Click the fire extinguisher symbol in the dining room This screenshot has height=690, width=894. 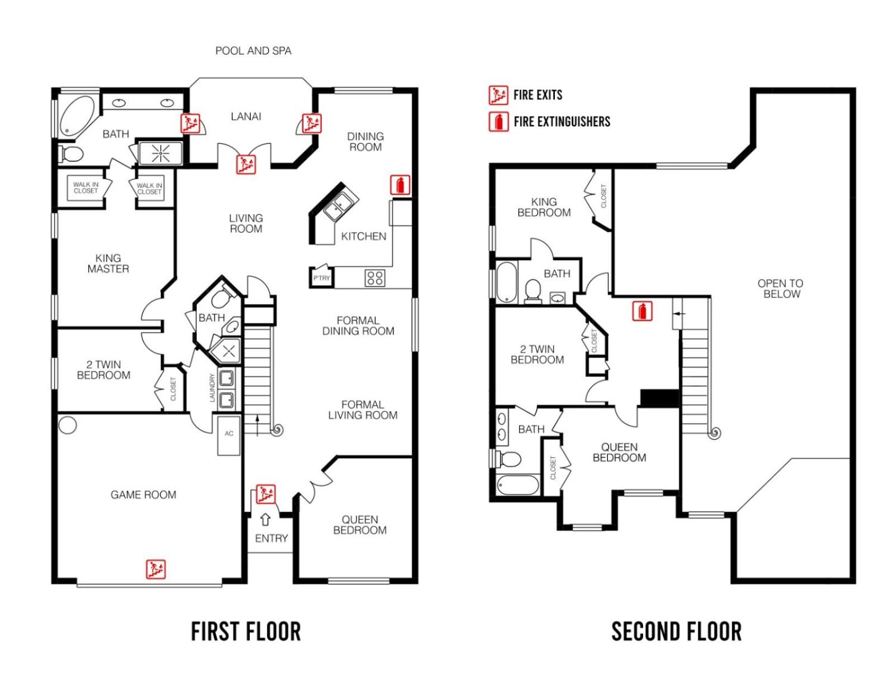[400, 185]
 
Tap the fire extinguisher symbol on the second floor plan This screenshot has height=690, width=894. [642, 311]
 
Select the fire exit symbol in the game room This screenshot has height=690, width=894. [156, 569]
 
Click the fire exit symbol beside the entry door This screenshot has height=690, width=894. [266, 494]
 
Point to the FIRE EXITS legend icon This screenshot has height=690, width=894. [498, 95]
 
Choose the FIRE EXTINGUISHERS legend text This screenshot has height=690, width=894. [562, 122]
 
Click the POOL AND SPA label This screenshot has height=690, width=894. [254, 51]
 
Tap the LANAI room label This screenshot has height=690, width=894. [246, 117]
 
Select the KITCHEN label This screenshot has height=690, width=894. [364, 236]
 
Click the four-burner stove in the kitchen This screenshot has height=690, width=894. [375, 278]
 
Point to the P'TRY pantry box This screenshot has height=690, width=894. [321, 277]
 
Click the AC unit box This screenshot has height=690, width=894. [229, 435]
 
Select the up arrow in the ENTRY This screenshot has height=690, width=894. [265, 519]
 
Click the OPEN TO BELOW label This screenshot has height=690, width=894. [781, 289]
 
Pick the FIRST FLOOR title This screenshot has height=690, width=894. [246, 631]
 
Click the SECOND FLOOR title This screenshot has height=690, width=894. [677, 631]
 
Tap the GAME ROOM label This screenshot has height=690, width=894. [143, 495]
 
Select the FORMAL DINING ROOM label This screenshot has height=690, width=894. [358, 326]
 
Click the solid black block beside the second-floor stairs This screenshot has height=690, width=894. [659, 398]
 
